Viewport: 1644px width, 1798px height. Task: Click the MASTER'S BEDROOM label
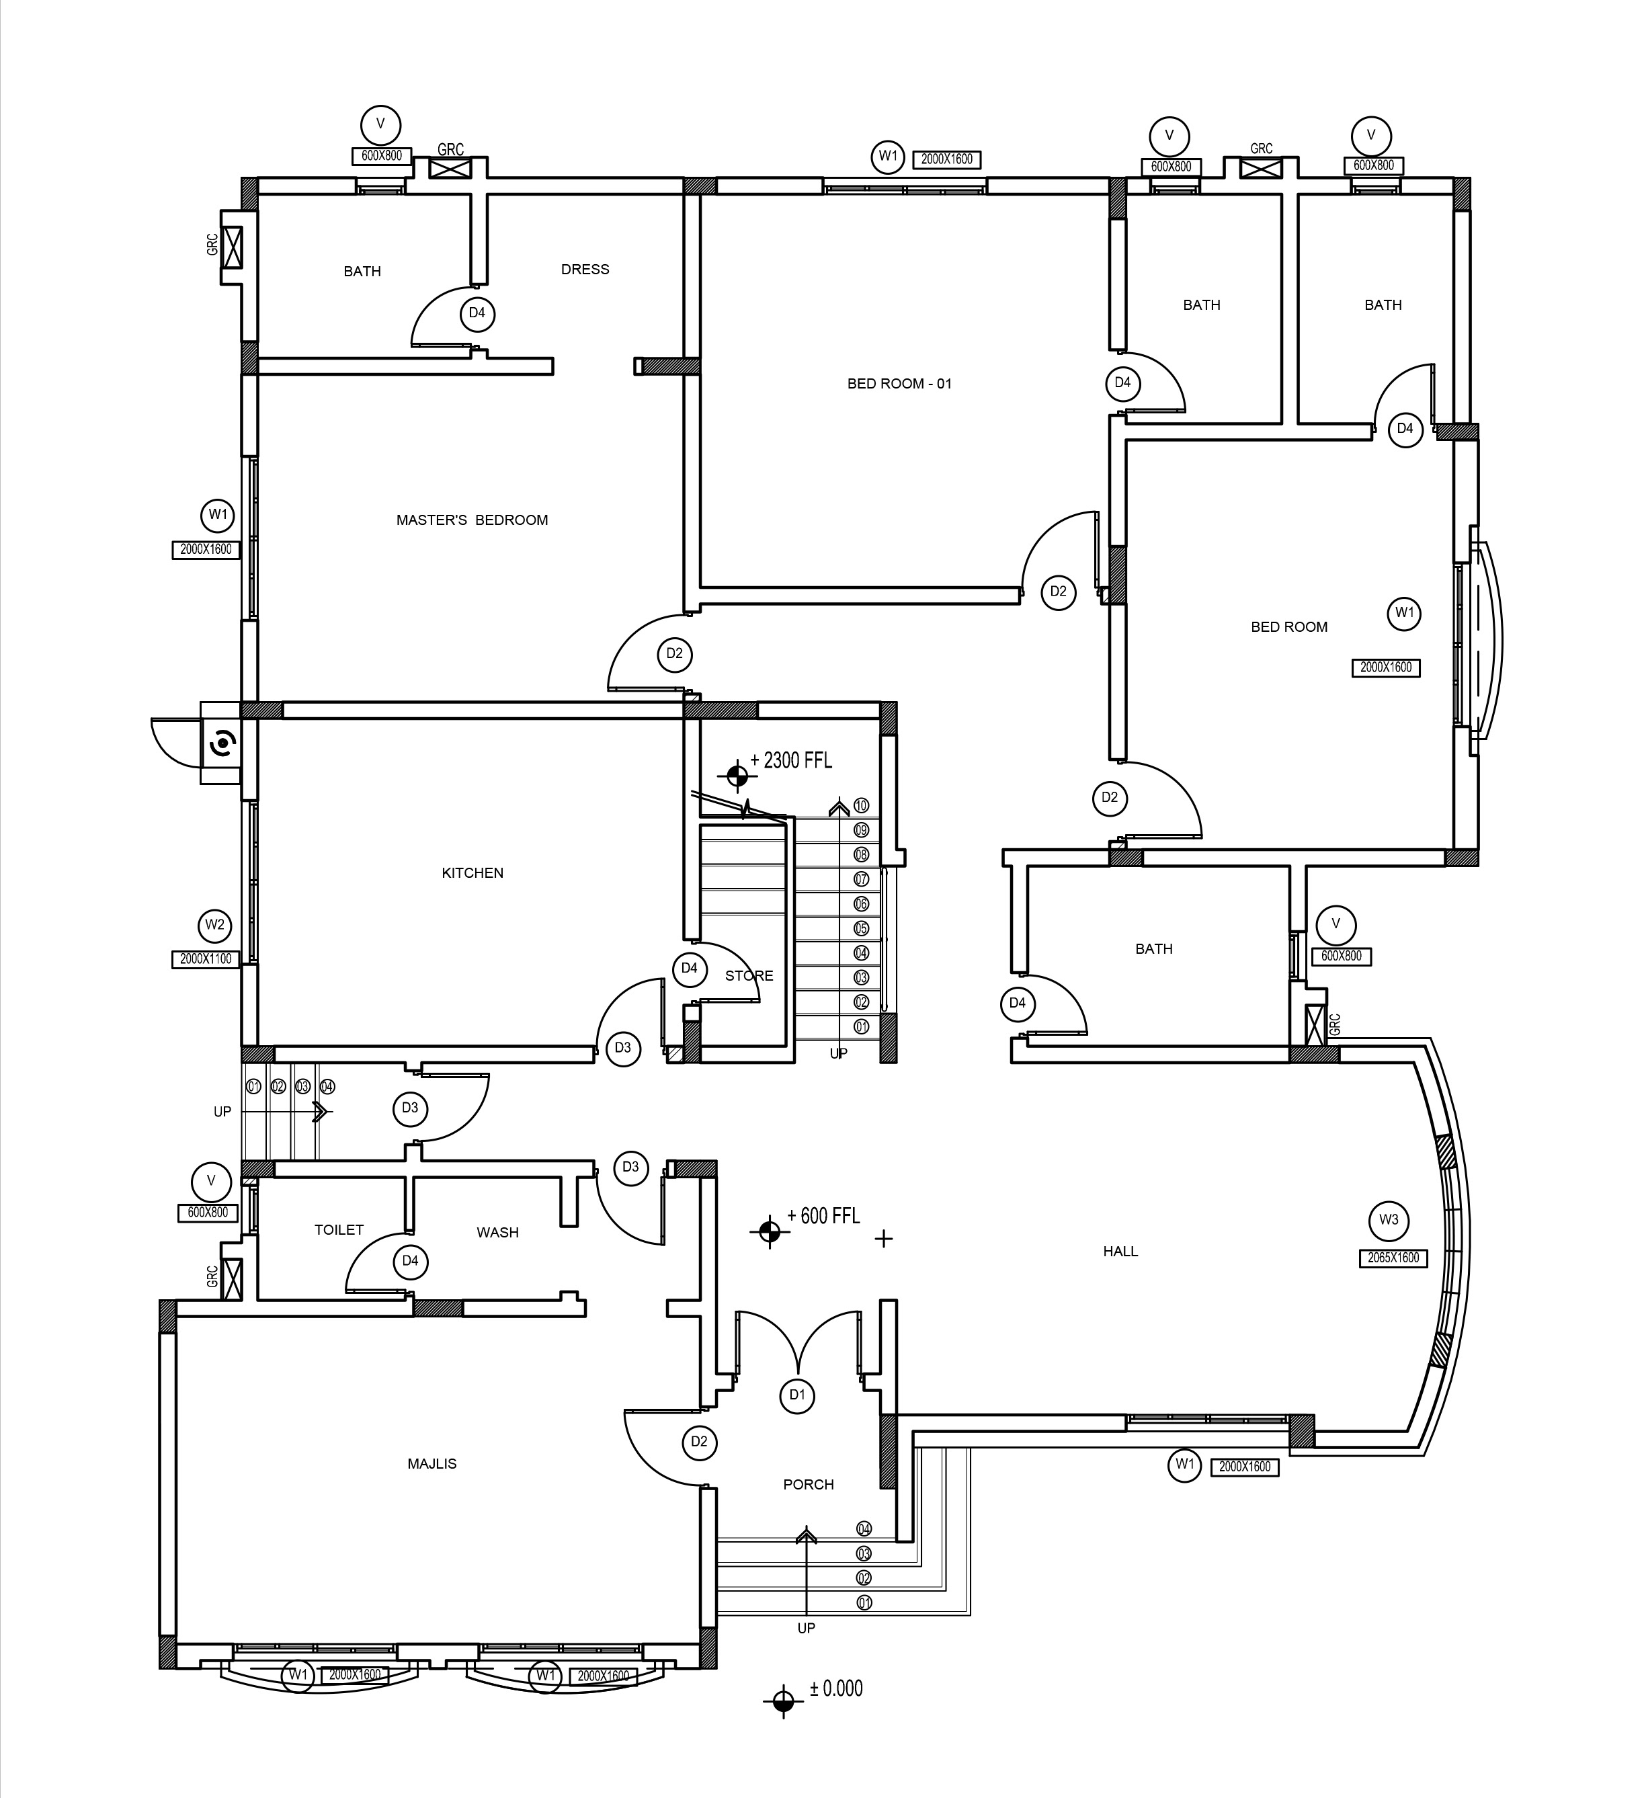[472, 520]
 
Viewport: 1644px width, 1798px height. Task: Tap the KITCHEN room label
[472, 873]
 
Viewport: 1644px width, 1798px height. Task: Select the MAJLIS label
[431, 1463]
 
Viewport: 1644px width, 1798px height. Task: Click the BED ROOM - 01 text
[899, 384]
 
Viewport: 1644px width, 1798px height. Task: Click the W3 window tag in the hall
[1389, 1220]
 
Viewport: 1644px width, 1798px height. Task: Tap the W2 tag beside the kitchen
[215, 925]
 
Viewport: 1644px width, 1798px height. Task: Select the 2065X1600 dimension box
[1393, 1258]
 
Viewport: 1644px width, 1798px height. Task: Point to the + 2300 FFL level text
[791, 761]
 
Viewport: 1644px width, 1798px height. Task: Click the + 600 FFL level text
[823, 1216]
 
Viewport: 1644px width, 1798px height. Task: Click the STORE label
[749, 976]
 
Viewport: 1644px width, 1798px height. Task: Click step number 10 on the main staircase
[861, 805]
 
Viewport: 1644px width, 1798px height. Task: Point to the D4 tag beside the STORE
[690, 969]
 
